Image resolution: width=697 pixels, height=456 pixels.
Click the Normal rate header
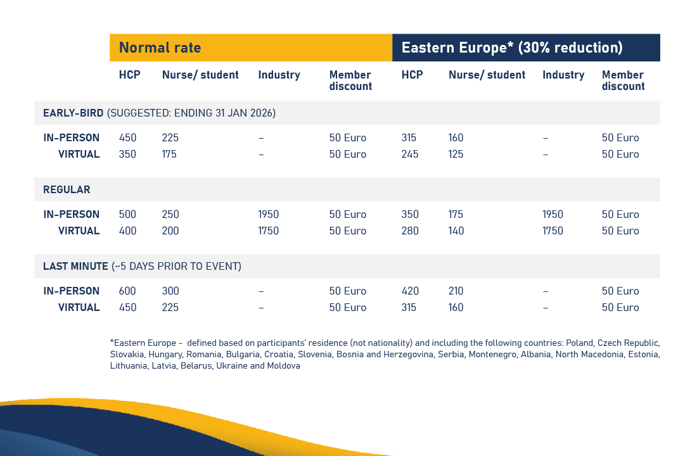(x=160, y=47)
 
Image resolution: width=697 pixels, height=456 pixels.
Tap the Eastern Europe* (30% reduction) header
(x=512, y=47)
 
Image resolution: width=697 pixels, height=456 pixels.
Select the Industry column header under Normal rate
(x=279, y=75)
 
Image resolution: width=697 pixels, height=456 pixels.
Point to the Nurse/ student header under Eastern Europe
(x=487, y=75)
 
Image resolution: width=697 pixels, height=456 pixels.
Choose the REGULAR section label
(x=67, y=190)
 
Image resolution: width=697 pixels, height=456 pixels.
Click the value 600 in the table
(x=127, y=291)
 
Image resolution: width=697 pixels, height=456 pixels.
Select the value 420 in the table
(x=410, y=291)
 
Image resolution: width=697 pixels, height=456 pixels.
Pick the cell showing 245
(x=410, y=155)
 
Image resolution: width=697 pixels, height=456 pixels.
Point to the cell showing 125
(x=456, y=155)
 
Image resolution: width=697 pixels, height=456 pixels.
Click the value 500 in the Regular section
(x=127, y=215)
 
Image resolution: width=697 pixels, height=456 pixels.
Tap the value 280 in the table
(x=410, y=231)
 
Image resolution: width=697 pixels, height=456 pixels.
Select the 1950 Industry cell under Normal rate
(x=268, y=215)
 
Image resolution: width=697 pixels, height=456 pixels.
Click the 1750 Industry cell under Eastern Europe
(x=553, y=231)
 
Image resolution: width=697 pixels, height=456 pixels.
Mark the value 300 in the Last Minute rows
(x=170, y=291)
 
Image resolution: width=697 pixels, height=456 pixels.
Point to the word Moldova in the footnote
(x=283, y=366)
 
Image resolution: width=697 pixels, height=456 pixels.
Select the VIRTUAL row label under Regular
(x=79, y=231)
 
